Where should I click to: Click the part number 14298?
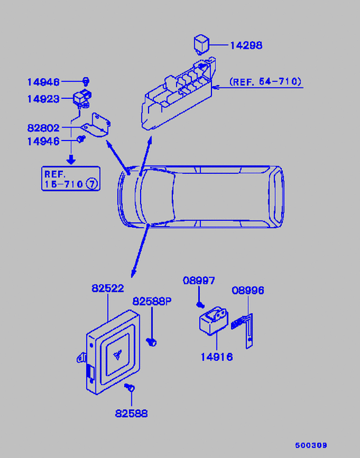coord(246,45)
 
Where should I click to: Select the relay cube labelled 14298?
coord(202,45)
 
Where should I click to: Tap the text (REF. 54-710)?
coord(265,81)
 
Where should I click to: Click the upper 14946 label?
coord(43,82)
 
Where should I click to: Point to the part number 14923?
coord(43,99)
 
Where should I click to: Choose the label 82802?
coord(43,128)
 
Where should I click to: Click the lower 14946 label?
coord(43,142)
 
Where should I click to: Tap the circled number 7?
coord(92,184)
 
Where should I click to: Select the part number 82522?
coord(108,288)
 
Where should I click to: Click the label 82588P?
coord(152,301)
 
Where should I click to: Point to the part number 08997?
coord(199,280)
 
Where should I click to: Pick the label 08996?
coord(248,290)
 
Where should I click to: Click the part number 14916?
coord(217,357)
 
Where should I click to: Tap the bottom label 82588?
coord(131,413)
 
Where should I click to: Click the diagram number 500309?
coord(311,445)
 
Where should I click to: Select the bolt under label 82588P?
coord(152,342)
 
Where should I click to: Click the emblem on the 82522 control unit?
coord(117,355)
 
